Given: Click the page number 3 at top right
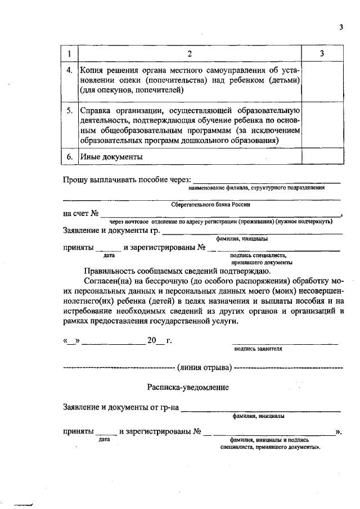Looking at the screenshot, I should [x=341, y=27].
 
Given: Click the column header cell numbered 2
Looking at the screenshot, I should [x=190, y=54].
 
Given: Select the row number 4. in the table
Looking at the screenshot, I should [x=69, y=71].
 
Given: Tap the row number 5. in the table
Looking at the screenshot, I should [x=69, y=110].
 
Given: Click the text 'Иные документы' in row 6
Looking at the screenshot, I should [x=110, y=157].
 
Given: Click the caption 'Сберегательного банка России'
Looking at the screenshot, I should [x=210, y=205].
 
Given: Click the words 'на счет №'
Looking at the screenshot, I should [x=81, y=214].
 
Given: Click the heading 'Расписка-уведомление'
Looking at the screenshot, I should [x=188, y=388].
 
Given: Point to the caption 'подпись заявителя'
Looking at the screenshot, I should [x=259, y=349].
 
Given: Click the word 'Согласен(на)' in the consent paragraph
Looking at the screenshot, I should [x=110, y=281].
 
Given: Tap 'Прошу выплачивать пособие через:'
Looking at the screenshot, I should [x=127, y=180].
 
